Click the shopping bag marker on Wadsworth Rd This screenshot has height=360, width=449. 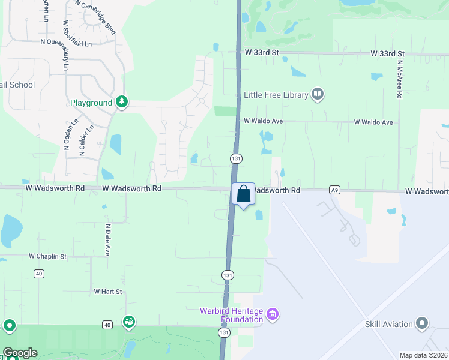243,194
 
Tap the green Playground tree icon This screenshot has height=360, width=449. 122,102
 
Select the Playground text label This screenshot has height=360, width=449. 91,103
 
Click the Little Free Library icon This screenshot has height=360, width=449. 318,94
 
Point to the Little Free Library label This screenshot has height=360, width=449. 276,95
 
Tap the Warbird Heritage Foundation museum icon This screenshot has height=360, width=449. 273,314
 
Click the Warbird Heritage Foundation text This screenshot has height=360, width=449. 232,315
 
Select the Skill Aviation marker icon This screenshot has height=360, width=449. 423,323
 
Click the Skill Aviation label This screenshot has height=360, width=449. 389,324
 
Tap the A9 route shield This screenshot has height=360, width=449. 335,190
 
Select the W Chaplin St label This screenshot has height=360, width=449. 56,256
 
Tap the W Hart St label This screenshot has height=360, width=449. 108,292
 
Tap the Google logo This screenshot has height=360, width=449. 19,353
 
